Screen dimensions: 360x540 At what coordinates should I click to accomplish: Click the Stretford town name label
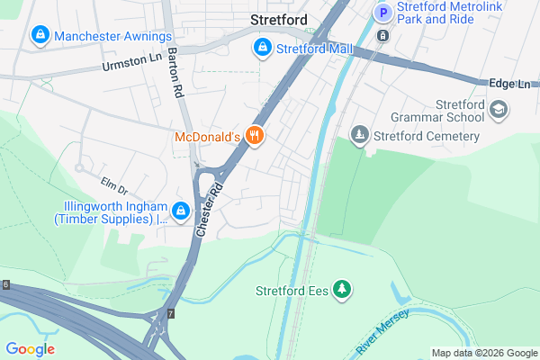(278, 19)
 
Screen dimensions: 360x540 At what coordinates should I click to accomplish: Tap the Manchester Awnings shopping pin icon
(40, 36)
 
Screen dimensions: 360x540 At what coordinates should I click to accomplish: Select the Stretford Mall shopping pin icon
(262, 47)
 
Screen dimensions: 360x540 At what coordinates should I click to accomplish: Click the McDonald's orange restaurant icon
(256, 137)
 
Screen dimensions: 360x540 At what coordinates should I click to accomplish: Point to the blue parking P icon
(383, 13)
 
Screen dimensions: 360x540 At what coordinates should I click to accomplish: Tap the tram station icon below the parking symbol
(383, 36)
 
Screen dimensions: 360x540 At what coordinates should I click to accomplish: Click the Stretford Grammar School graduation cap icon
(498, 109)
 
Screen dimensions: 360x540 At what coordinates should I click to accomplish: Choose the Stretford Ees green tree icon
(342, 290)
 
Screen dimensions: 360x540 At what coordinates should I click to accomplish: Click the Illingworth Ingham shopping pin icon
(181, 211)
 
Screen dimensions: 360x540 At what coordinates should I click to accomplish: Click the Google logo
(30, 349)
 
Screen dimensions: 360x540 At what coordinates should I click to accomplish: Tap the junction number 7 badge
(169, 313)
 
